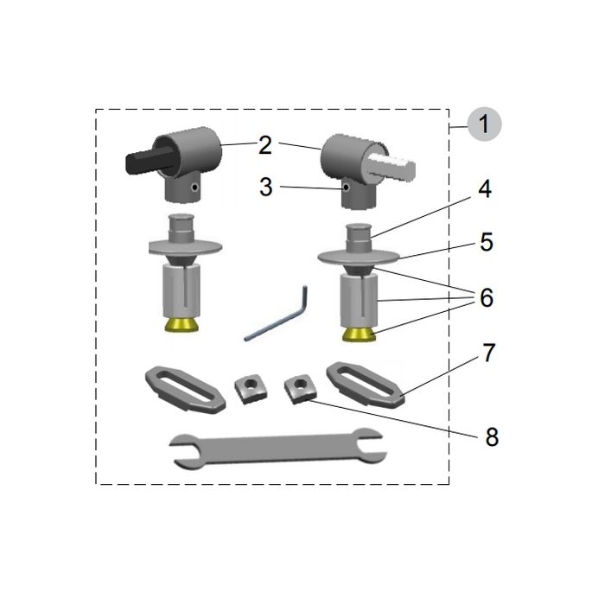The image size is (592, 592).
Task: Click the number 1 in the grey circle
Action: click(x=485, y=124)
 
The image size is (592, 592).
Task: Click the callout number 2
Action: click(x=265, y=144)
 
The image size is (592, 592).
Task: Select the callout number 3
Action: click(x=265, y=187)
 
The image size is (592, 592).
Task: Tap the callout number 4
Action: click(x=485, y=188)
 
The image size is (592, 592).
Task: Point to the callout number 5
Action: click(x=486, y=243)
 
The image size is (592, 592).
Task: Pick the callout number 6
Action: click(x=486, y=298)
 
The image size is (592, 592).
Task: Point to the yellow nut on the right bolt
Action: click(x=358, y=333)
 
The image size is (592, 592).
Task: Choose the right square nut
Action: click(x=301, y=386)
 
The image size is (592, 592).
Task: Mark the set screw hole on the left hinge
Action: click(x=197, y=185)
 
